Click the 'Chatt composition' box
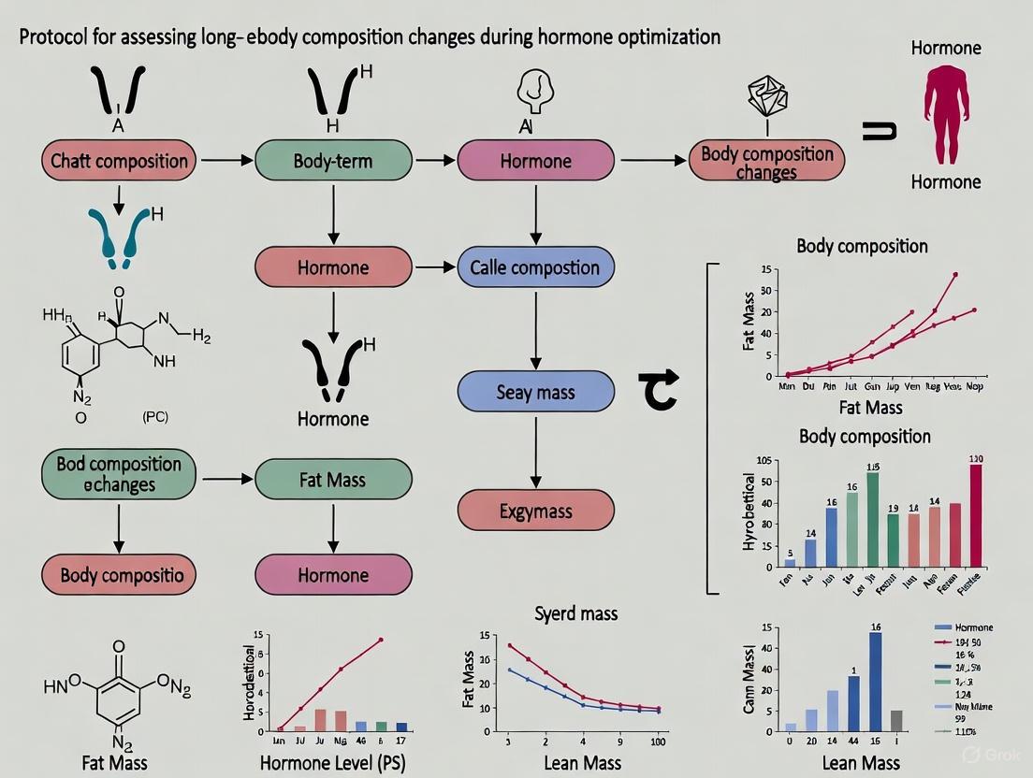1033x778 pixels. (119, 160)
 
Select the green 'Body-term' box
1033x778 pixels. (333, 160)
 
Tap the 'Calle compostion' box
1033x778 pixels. (535, 267)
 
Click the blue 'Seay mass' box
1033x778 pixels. (535, 392)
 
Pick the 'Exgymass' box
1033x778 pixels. (535, 511)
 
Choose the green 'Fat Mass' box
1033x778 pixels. (333, 480)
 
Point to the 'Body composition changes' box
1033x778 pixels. (766, 160)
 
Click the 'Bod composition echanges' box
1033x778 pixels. (119, 474)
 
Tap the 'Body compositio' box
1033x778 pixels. (119, 574)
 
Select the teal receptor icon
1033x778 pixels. (119, 234)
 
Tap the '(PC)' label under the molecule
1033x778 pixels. (155, 417)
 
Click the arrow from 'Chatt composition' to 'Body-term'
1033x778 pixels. (226, 161)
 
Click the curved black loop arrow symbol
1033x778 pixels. (657, 390)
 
